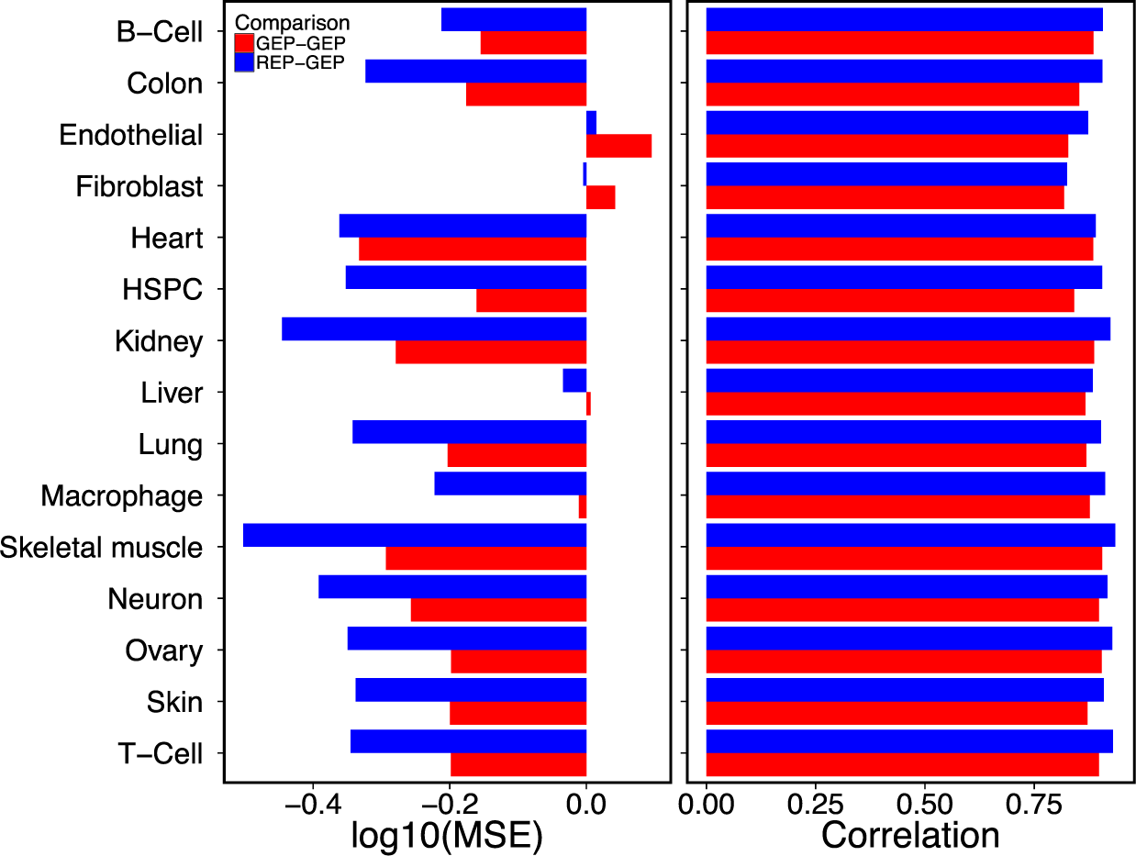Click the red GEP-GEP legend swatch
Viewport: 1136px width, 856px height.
click(x=244, y=43)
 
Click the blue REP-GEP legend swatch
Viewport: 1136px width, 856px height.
click(x=244, y=62)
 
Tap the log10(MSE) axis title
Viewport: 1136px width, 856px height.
click(x=447, y=834)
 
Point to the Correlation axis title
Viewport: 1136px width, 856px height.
click(x=910, y=834)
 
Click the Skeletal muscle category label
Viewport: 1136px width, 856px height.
click(x=101, y=548)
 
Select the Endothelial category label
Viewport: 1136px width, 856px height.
click(x=130, y=136)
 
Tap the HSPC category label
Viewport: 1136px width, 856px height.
click(x=161, y=290)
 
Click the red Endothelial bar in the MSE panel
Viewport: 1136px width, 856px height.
click(x=618, y=146)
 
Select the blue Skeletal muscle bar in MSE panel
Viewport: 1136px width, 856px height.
click(x=415, y=535)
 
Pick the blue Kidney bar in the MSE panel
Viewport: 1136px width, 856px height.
click(x=434, y=328)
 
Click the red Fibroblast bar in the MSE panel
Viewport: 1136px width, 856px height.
click(x=600, y=197)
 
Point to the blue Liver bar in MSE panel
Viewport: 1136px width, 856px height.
click(x=574, y=381)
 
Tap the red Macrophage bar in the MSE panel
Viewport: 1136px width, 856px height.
click(x=583, y=506)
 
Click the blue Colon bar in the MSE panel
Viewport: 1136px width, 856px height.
click(x=475, y=71)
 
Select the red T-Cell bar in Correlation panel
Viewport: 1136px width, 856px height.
click(x=902, y=764)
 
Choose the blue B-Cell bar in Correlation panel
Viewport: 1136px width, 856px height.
click(x=904, y=19)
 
